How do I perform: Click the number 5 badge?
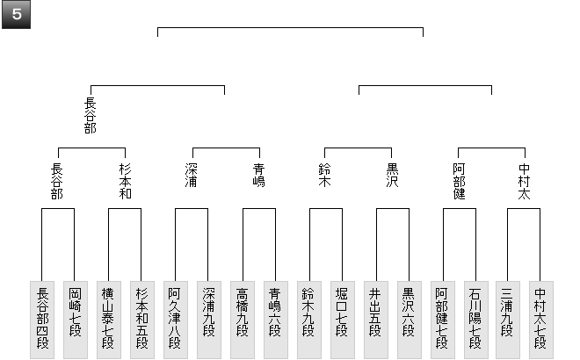coord(17,17)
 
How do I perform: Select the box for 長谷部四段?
coord(41,319)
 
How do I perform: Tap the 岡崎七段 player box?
coord(75,319)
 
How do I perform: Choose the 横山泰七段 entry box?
coord(108,319)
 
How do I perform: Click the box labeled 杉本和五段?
coord(141,319)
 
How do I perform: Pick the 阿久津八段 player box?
coord(175,319)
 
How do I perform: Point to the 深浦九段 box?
coord(208,319)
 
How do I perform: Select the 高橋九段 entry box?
coord(242,319)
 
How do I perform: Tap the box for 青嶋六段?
coord(275,319)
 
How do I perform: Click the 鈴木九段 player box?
coord(308,319)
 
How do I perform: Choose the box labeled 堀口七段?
coord(342,319)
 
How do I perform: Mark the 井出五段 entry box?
coord(375,319)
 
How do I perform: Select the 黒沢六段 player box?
coord(409,319)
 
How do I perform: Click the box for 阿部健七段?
coord(442,319)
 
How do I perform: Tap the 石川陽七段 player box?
coord(475,319)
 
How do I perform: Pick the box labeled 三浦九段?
coord(509,319)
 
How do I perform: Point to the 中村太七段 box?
coord(542,319)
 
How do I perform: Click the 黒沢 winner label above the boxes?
coord(392,176)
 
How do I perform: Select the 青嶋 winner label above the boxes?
coord(258,176)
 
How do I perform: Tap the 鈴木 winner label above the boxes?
coord(325,176)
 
